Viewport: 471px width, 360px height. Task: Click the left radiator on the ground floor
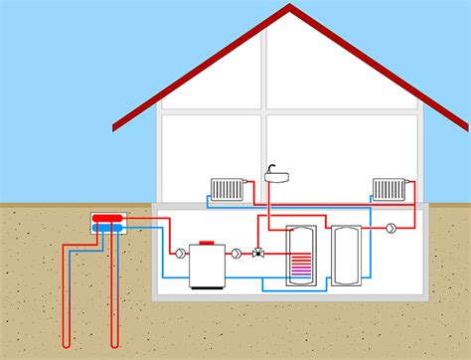[x=230, y=188]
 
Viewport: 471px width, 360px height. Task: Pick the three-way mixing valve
[x=257, y=253]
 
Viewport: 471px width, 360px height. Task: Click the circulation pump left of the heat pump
[x=179, y=253]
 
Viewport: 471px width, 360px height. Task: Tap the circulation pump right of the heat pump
[x=236, y=253]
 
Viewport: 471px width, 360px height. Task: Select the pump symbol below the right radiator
[x=392, y=228]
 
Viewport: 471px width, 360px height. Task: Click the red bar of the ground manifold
[x=107, y=217]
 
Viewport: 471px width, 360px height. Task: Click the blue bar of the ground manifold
[x=107, y=228]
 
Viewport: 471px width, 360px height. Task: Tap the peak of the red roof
[x=290, y=7]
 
